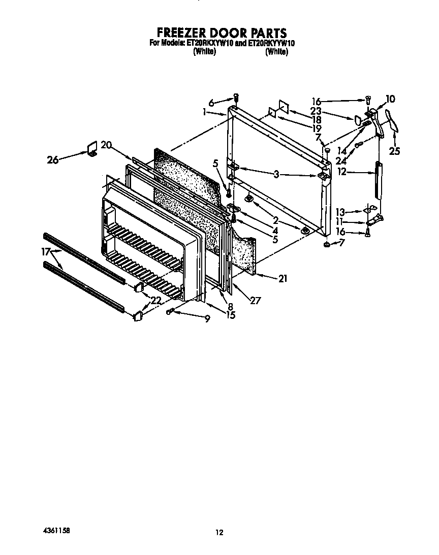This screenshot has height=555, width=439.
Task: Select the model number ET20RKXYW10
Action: (x=209, y=44)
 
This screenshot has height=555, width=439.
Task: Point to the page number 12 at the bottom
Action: (x=219, y=532)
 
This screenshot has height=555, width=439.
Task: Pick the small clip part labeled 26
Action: (x=92, y=149)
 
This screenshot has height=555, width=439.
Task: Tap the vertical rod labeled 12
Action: (x=378, y=180)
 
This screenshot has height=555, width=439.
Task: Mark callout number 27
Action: (x=255, y=300)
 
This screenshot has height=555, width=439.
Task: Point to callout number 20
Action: (x=106, y=145)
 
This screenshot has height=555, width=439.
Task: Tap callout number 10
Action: (x=390, y=99)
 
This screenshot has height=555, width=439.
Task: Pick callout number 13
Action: (x=341, y=212)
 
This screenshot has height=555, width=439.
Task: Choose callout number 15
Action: (x=231, y=315)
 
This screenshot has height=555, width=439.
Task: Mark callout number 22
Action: (x=155, y=301)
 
